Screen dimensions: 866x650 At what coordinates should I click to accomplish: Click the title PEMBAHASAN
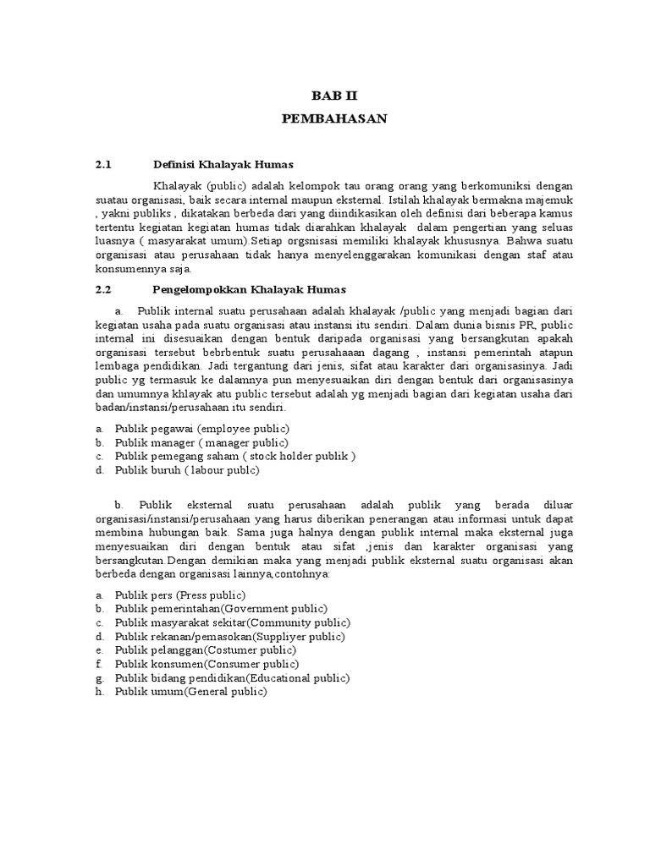click(x=333, y=119)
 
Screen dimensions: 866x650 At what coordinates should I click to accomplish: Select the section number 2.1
click(x=103, y=164)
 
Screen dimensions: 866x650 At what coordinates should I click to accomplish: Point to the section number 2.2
click(x=103, y=289)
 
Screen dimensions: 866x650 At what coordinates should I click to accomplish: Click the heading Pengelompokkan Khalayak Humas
click(x=249, y=289)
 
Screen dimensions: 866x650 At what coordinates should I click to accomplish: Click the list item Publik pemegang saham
click(x=234, y=456)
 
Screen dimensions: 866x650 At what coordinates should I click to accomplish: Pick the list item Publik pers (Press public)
click(x=179, y=595)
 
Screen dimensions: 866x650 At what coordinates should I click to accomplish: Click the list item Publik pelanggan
click(x=205, y=649)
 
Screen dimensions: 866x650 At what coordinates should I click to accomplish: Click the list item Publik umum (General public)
click(x=190, y=691)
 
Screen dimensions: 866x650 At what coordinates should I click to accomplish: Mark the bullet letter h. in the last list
click(x=100, y=691)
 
